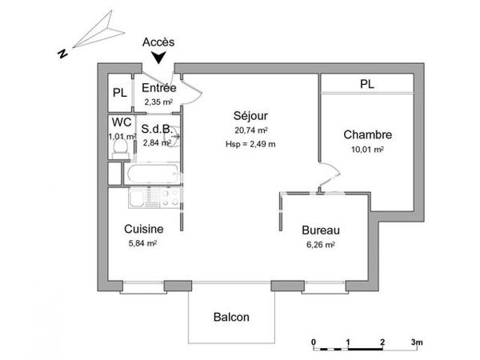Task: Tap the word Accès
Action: pos(158,41)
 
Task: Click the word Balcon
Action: pos(231,317)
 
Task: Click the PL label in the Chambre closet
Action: pos(367,83)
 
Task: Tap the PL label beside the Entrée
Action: pos(119,93)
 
